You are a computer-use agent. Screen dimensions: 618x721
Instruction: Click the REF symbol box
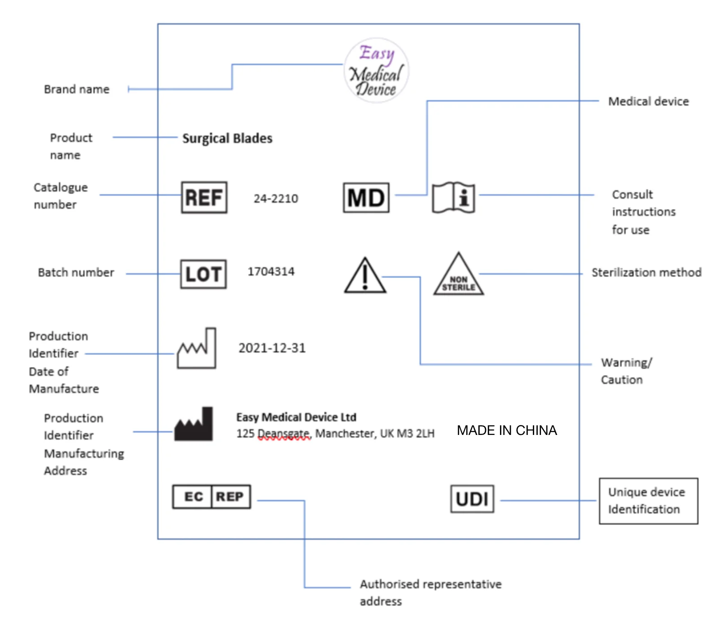[x=204, y=197]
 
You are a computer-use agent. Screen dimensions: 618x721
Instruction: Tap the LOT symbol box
[x=203, y=274]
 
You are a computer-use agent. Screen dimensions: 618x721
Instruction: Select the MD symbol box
[x=366, y=197]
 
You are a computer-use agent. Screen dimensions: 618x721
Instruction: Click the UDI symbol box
[x=472, y=498]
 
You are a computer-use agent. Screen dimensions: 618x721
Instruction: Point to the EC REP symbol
[x=212, y=497]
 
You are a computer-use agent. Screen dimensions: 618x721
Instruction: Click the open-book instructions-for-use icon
[x=453, y=197]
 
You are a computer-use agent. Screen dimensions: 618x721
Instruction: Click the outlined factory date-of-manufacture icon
[x=197, y=349]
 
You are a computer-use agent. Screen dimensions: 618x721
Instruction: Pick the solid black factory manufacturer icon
[x=194, y=425]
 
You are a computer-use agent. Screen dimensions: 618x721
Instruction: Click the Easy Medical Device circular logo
[x=376, y=71]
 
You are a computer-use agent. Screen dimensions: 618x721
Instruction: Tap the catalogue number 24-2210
[x=275, y=198]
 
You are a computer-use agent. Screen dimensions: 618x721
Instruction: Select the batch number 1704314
[x=271, y=272]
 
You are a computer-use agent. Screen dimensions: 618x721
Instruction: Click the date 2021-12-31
[x=272, y=348]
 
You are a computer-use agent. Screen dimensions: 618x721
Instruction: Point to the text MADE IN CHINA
[x=507, y=430]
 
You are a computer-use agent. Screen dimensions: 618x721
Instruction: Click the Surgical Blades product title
[x=227, y=138]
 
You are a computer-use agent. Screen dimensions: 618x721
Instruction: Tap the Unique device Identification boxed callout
[x=648, y=501]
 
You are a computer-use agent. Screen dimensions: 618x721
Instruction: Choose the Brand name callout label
[x=77, y=89]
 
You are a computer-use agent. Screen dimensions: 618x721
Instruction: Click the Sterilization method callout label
[x=646, y=273]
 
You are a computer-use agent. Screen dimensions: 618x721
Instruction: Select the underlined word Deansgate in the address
[x=284, y=434]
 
